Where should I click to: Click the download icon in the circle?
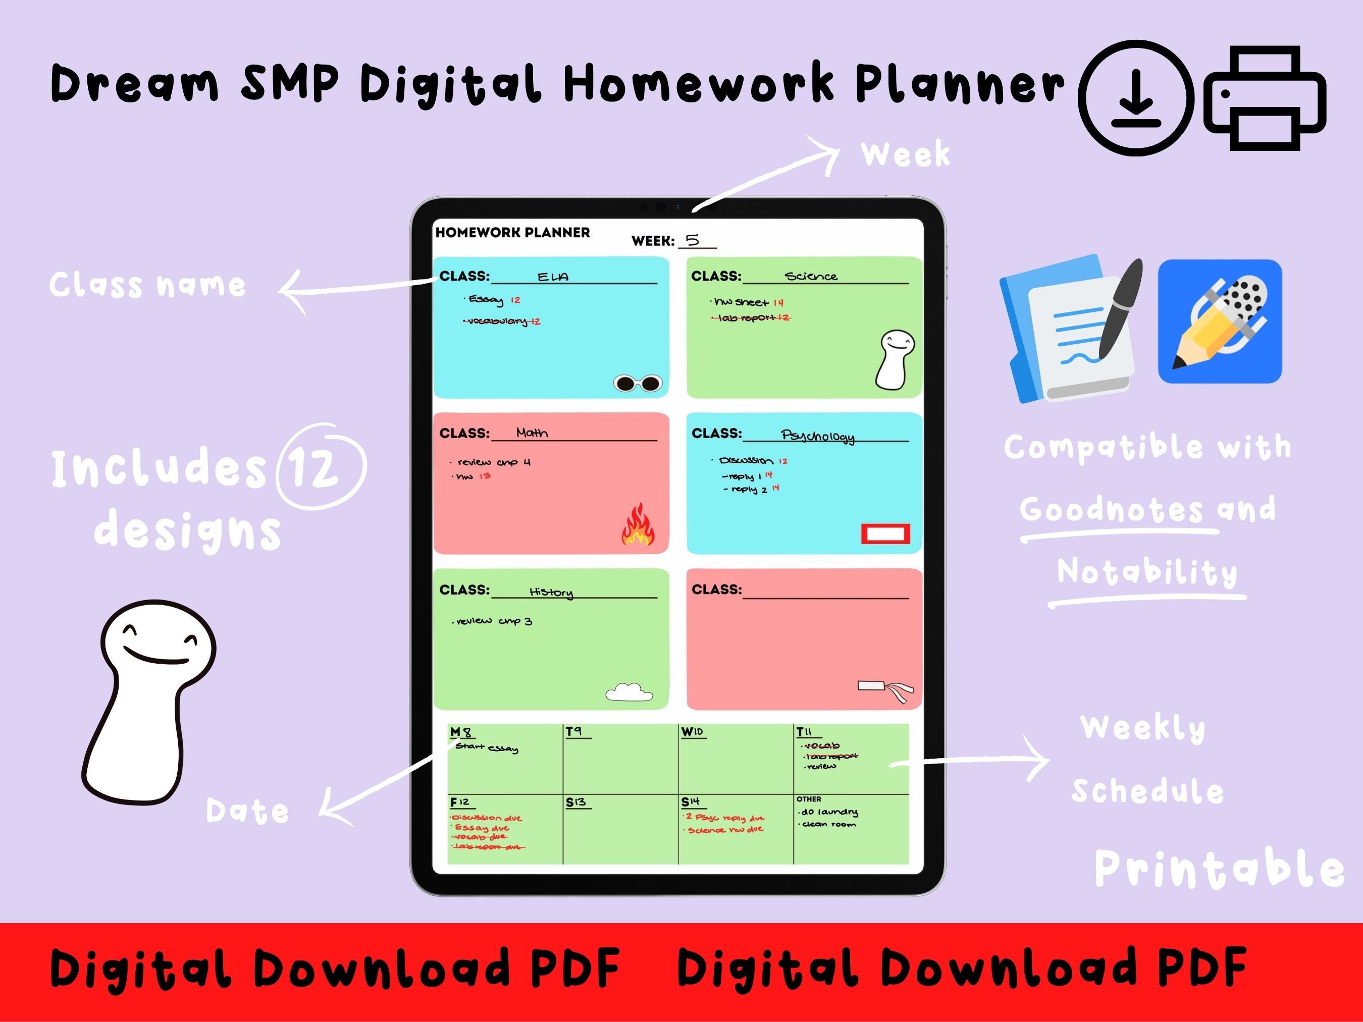[x=1136, y=98]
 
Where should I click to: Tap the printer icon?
[x=1265, y=98]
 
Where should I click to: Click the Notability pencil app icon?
[x=1220, y=321]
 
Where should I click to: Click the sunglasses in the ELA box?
[x=638, y=384]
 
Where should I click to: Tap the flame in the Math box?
[x=638, y=525]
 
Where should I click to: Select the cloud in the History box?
[x=628, y=692]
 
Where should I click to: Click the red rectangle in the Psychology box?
[x=885, y=533]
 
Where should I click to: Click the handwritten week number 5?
[x=693, y=240]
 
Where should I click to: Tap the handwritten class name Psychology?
[x=818, y=436]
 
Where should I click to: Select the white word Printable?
[x=1218, y=869]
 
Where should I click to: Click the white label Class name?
[x=148, y=285]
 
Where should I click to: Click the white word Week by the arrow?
[x=905, y=154]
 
